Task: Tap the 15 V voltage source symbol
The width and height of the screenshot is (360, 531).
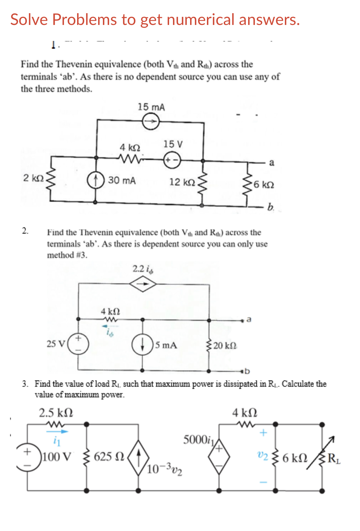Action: click(172, 161)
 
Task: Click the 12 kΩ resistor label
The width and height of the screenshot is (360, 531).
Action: click(182, 182)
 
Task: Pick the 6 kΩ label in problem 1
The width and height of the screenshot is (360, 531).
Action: click(264, 185)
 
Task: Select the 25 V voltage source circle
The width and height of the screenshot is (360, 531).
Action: click(79, 344)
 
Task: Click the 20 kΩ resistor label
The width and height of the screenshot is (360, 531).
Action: click(225, 346)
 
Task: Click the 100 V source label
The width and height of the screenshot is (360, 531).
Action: click(57, 457)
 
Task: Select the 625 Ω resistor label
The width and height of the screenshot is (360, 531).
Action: click(109, 457)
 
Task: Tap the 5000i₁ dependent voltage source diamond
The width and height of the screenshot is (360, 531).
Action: click(219, 457)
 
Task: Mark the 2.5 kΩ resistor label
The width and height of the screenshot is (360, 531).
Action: click(56, 413)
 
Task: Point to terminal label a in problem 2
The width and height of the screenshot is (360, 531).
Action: click(249, 319)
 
